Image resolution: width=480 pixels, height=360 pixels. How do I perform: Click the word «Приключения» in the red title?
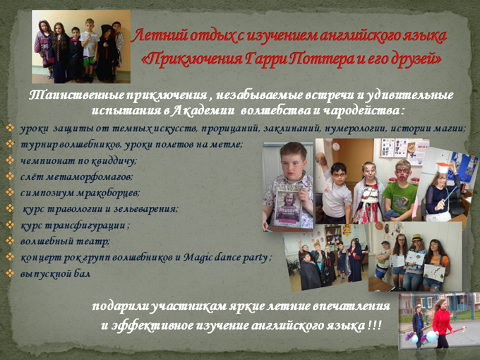coord(192,59)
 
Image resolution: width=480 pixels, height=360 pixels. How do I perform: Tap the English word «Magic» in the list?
coord(197,258)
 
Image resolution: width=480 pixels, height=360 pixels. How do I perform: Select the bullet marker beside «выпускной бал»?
coord(10,272)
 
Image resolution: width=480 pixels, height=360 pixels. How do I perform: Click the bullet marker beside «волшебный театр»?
coord(10,241)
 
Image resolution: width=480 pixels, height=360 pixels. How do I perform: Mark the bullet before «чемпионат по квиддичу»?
coord(10,160)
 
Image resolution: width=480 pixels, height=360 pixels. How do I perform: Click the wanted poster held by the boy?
coord(289,205)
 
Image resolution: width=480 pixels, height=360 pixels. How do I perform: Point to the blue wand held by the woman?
coord(450,193)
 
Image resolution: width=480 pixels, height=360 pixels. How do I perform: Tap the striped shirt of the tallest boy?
coord(90,44)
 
